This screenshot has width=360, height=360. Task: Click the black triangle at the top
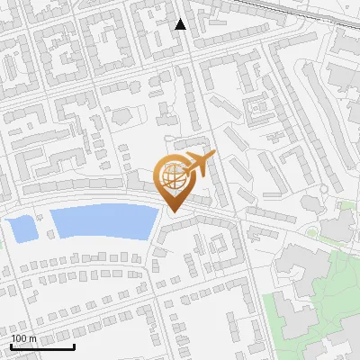click(181, 24)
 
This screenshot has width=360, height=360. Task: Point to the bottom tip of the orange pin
click(173, 212)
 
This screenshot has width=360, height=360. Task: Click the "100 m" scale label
click(24, 338)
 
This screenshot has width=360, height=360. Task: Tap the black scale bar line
click(42, 347)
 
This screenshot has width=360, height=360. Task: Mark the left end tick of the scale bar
click(11, 346)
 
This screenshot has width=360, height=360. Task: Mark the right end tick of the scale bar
click(74, 346)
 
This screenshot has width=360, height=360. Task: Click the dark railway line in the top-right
click(297, 11)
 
